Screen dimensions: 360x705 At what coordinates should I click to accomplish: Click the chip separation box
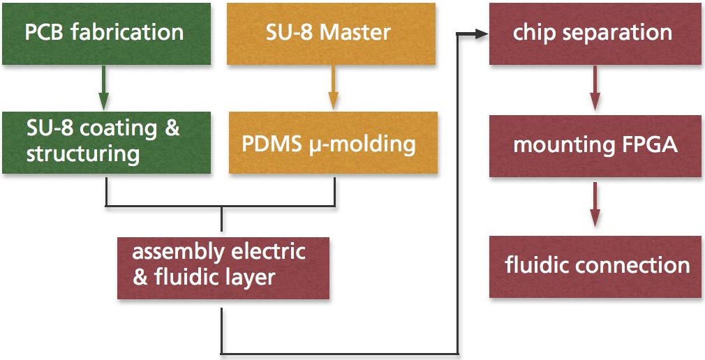(x=595, y=33)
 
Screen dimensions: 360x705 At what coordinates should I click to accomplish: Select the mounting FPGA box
(x=595, y=145)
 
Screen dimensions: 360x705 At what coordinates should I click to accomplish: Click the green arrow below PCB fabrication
(x=105, y=87)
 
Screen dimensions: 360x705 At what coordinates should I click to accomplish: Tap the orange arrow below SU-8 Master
(x=333, y=87)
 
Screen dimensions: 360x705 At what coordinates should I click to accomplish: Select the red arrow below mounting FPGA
(x=594, y=204)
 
